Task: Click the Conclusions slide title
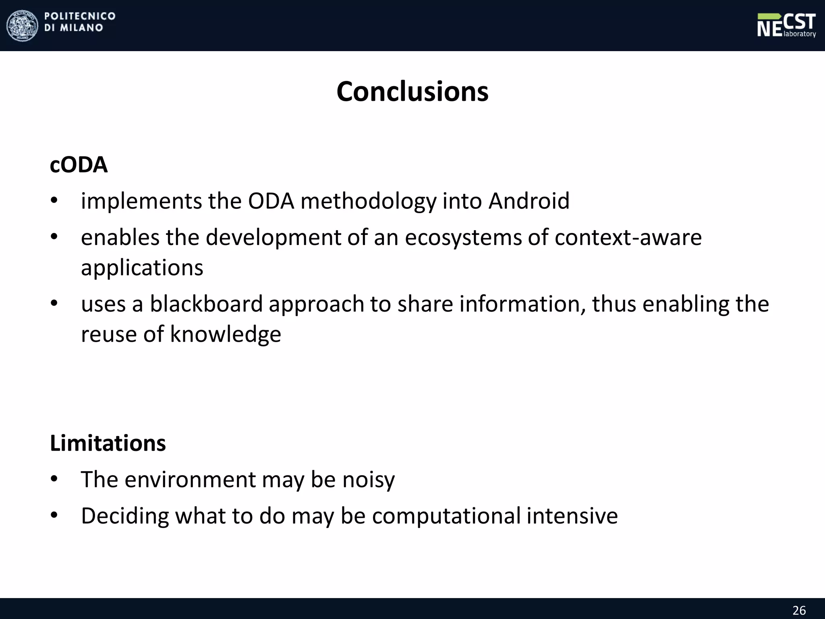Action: click(412, 92)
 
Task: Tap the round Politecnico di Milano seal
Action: click(22, 25)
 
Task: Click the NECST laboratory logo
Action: click(786, 25)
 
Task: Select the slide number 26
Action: click(799, 610)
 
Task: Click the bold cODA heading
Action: click(79, 165)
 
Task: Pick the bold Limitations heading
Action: click(108, 443)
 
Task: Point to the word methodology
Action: click(368, 201)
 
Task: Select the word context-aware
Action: click(628, 237)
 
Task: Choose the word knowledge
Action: click(225, 334)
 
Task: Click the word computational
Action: click(446, 516)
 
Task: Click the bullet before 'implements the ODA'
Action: click(54, 201)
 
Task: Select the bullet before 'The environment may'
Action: click(54, 480)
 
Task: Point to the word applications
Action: click(142, 268)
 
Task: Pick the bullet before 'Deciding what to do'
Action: click(54, 515)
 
